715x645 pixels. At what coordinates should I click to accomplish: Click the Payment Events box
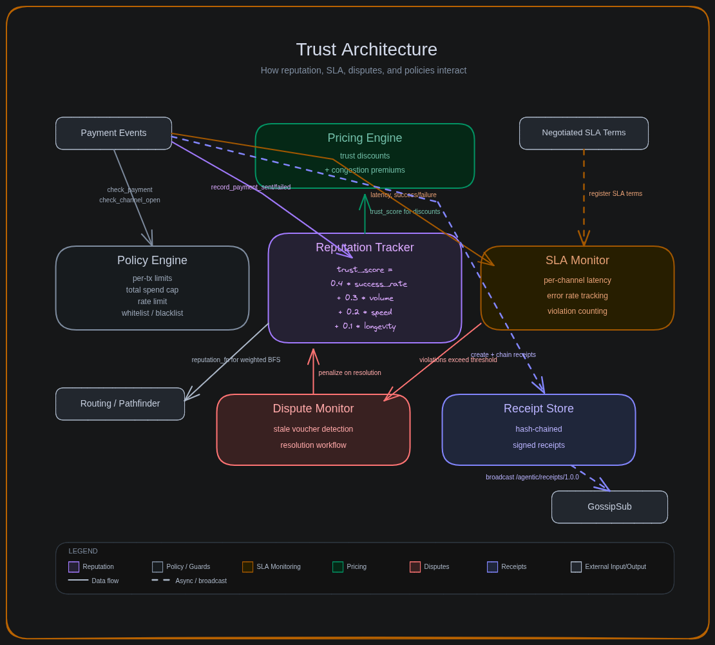(x=113, y=133)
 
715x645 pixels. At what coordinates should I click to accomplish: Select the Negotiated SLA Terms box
(x=584, y=133)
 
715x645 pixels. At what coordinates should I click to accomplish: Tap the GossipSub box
(x=609, y=506)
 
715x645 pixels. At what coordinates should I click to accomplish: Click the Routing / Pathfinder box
(x=120, y=403)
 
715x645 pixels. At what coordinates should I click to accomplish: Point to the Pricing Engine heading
(x=365, y=138)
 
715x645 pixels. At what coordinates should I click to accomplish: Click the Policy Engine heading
(x=152, y=260)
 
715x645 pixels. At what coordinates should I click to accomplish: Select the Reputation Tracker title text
(x=365, y=247)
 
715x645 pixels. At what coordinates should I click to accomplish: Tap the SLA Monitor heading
(x=577, y=260)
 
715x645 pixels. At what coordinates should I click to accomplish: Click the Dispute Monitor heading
(x=313, y=409)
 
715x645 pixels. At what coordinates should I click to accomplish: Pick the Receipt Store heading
(x=539, y=409)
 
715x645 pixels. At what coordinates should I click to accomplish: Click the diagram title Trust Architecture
(x=367, y=50)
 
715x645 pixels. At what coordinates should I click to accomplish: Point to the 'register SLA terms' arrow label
(x=615, y=193)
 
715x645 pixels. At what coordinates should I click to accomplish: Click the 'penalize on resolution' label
(x=350, y=372)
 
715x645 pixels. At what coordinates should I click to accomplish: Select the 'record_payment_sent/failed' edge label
(x=251, y=187)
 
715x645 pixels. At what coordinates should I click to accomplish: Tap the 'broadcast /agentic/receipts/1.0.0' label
(x=532, y=477)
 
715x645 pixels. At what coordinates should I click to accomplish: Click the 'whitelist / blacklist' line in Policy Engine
(x=152, y=313)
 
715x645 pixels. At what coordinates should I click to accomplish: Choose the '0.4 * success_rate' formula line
(x=368, y=284)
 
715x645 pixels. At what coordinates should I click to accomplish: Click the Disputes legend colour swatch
(x=415, y=567)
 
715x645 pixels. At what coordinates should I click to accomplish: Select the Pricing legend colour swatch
(x=338, y=567)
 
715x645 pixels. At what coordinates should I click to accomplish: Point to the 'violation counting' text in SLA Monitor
(x=577, y=311)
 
